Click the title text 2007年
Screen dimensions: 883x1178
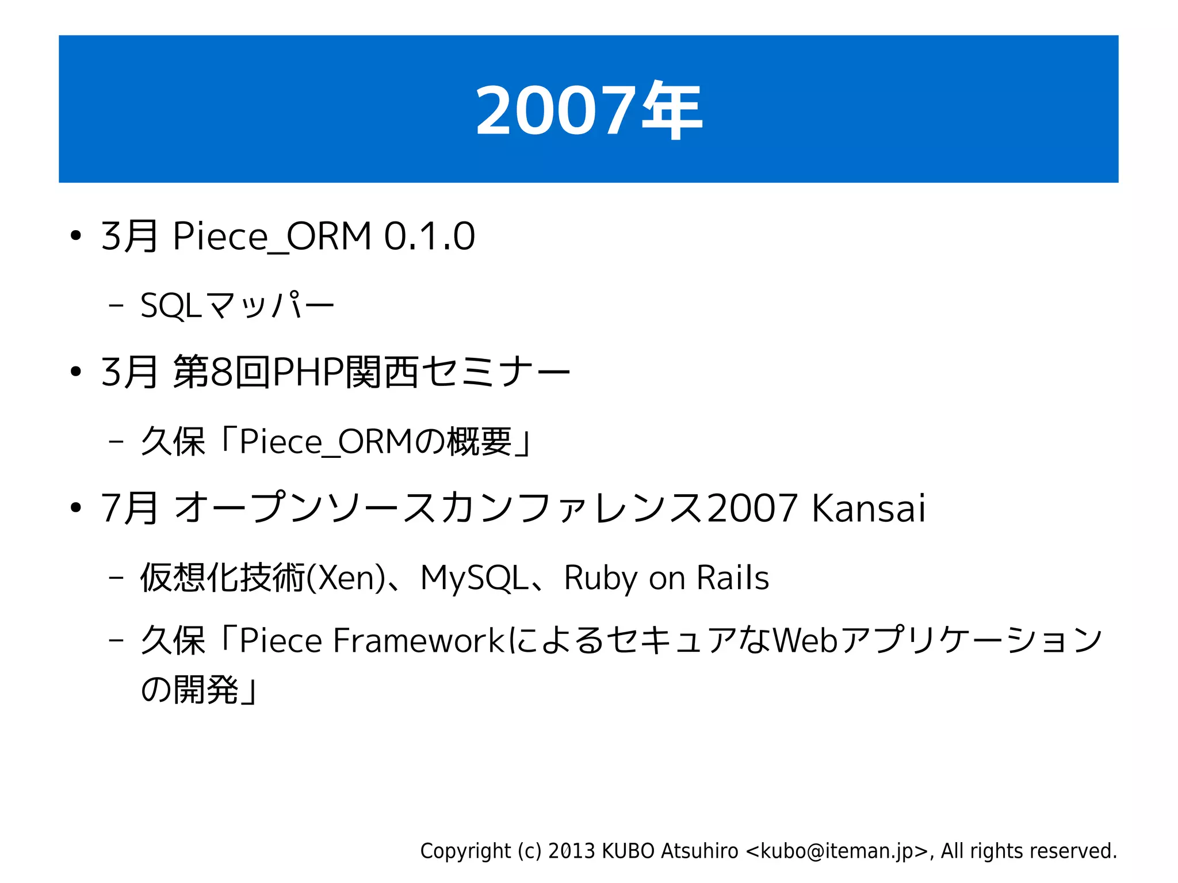[588, 110]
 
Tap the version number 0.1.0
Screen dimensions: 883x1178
[429, 236]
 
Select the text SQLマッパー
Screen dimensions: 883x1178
[237, 305]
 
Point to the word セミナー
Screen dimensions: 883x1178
[496, 372]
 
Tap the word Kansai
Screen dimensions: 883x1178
[868, 509]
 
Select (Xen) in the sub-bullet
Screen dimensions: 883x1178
[346, 578]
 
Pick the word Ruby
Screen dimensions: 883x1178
[600, 578]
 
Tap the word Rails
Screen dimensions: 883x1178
[732, 578]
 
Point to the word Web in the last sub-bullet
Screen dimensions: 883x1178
[805, 640]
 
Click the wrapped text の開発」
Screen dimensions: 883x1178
[199, 689]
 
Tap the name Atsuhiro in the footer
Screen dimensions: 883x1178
[699, 851]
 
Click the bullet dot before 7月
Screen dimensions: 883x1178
[75, 509]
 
